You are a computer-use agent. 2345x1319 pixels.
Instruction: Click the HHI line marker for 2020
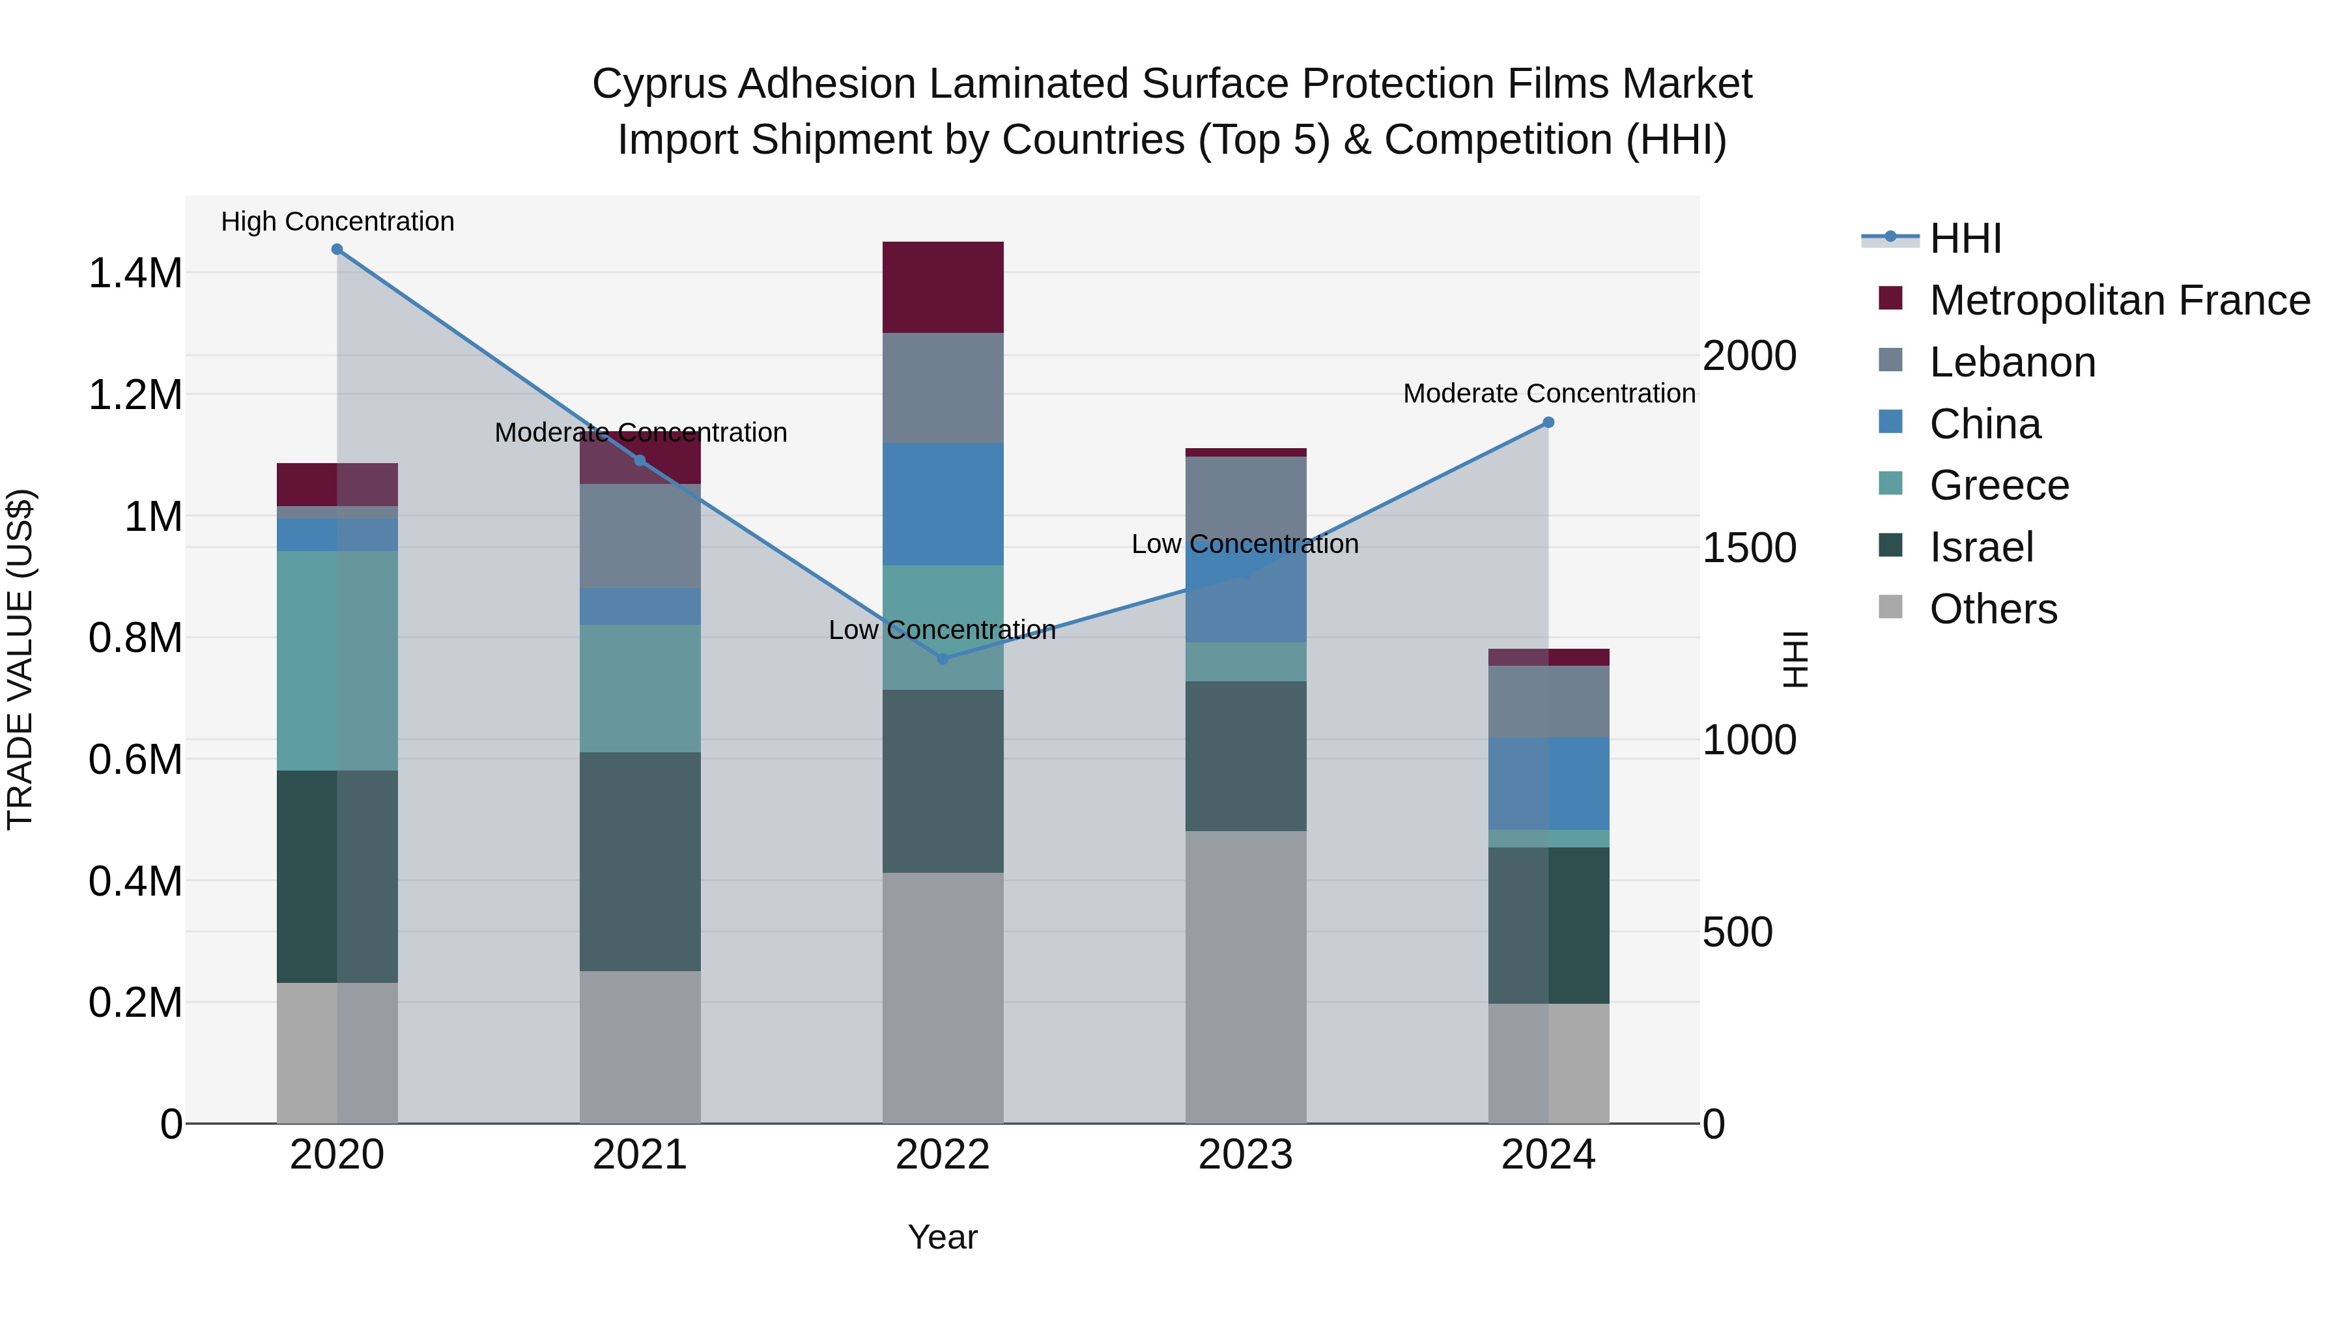tap(337, 249)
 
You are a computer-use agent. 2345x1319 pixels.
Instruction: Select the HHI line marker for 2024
tap(1548, 422)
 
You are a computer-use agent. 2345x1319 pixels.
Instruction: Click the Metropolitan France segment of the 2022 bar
tap(942, 287)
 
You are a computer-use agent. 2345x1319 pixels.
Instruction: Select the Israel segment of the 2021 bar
tap(640, 861)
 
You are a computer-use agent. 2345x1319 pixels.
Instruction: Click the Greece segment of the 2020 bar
tap(337, 660)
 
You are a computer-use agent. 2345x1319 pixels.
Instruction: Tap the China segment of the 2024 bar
tap(1548, 783)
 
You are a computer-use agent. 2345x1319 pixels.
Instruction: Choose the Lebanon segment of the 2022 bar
tap(942, 388)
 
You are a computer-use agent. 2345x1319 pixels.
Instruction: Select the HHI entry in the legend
tap(1965, 238)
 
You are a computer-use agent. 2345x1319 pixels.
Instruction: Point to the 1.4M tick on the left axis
tap(135, 273)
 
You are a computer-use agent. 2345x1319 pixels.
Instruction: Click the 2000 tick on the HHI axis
tap(1749, 356)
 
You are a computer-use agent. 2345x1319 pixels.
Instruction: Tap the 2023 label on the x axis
tap(1245, 1155)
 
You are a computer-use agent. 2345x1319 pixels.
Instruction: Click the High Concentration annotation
tap(337, 221)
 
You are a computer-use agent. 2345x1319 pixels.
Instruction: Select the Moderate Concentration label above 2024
tap(1548, 393)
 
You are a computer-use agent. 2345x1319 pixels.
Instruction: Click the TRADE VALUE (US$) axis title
tap(20, 659)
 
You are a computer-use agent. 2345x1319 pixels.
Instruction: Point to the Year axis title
tap(942, 1237)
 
